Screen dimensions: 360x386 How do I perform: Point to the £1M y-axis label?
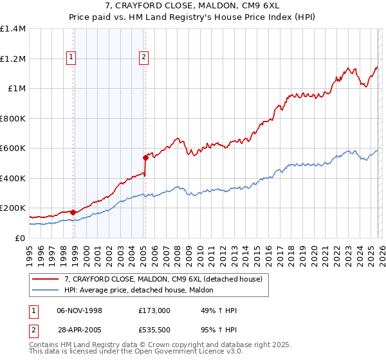tap(16, 89)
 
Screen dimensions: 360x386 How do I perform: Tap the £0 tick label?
tap(20, 239)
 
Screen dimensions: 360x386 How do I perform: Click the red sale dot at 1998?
tap(73, 212)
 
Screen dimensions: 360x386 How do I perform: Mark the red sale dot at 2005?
tap(145, 157)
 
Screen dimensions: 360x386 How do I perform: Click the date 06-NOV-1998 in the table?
tap(80, 310)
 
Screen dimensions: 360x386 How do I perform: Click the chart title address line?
tap(192, 6)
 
